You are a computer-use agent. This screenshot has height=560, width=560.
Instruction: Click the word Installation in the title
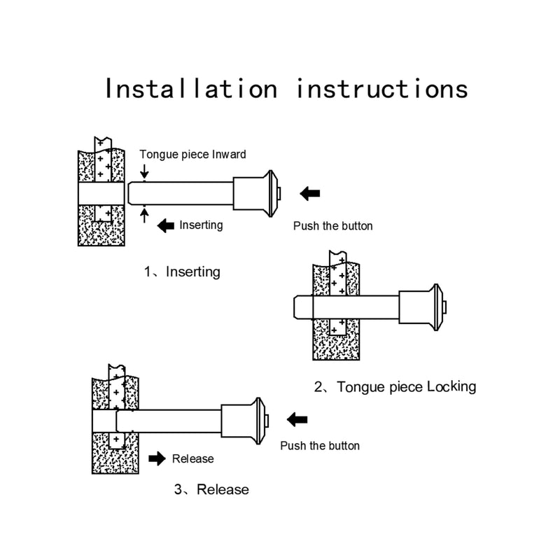click(x=191, y=88)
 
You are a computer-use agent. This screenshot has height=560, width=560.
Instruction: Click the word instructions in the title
click(x=382, y=88)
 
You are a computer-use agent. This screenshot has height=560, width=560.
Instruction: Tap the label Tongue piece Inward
click(x=193, y=154)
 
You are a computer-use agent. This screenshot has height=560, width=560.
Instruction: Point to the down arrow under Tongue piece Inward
click(x=144, y=171)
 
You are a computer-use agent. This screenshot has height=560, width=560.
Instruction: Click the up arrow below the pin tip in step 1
click(x=144, y=216)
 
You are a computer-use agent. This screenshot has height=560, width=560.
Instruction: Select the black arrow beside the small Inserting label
click(x=166, y=225)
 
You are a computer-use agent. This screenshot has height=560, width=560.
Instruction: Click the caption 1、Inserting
click(x=182, y=272)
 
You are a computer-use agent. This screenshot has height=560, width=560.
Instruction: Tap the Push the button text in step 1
click(x=333, y=226)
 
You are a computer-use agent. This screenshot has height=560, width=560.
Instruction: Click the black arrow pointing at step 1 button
click(x=310, y=194)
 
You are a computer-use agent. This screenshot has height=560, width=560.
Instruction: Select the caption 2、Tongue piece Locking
click(x=395, y=387)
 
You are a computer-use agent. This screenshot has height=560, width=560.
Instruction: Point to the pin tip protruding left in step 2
click(x=303, y=307)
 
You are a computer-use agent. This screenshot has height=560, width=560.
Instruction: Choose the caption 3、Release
click(x=211, y=489)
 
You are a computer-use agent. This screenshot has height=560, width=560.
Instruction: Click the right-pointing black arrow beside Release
click(x=157, y=458)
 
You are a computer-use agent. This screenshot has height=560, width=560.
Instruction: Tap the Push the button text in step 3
click(x=320, y=446)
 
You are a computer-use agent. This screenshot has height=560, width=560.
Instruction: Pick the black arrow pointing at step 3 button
click(x=297, y=419)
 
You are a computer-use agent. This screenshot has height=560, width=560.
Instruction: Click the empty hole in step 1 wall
click(x=101, y=194)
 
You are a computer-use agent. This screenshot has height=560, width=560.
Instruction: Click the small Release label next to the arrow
click(x=193, y=459)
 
